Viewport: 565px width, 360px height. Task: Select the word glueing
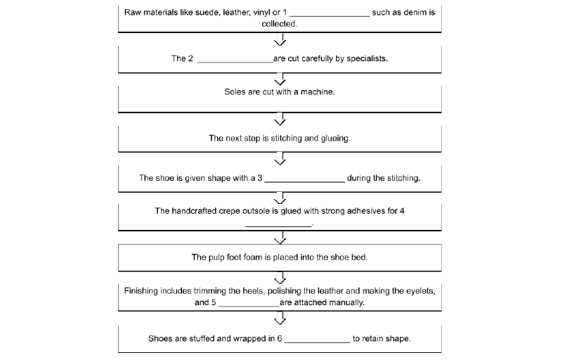(x=335, y=139)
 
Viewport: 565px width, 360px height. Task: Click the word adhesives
(x=365, y=211)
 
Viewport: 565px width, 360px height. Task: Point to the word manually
(x=344, y=303)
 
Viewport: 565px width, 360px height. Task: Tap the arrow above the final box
(x=280, y=319)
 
